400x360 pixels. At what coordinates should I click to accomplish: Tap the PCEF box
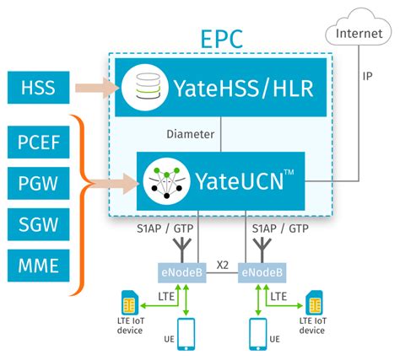38,144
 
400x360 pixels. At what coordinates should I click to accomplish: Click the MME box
38,267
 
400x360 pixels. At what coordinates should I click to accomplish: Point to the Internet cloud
354,35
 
